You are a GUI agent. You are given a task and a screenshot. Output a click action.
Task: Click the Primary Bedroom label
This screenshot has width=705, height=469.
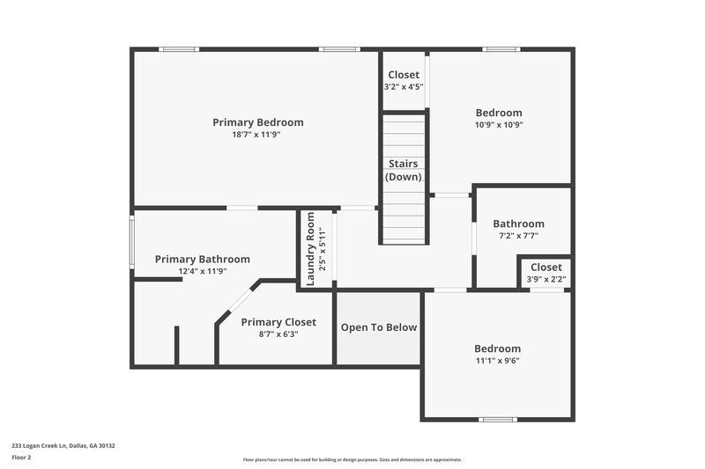tap(257, 122)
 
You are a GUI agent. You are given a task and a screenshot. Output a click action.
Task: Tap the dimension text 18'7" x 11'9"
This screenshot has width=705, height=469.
tap(257, 135)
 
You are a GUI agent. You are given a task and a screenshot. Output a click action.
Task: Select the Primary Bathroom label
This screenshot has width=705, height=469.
tap(202, 260)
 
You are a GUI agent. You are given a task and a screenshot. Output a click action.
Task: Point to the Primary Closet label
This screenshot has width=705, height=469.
tap(278, 322)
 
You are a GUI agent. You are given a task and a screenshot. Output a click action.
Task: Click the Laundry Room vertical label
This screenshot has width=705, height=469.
tap(310, 250)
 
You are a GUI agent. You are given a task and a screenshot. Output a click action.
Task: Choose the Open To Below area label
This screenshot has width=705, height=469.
tap(378, 327)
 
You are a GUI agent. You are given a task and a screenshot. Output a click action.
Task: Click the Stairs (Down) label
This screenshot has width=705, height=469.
tap(404, 170)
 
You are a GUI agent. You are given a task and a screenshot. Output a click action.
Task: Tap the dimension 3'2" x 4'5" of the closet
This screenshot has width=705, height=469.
tap(404, 87)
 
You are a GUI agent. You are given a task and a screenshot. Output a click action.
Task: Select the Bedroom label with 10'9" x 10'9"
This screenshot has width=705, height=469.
tap(499, 113)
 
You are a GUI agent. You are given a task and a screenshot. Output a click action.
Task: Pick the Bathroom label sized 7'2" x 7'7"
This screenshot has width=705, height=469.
tap(518, 224)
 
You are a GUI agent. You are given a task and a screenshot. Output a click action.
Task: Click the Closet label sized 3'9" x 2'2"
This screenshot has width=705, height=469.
tap(545, 267)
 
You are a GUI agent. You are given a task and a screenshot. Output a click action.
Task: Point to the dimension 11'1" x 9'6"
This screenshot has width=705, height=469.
tap(498, 361)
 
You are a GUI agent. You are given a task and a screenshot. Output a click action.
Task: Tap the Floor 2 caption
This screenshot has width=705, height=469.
tap(21, 458)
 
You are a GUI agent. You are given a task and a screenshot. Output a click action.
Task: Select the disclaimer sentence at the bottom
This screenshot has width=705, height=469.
tap(352, 459)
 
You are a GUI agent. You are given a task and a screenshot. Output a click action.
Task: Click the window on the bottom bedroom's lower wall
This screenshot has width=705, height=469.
tap(497, 419)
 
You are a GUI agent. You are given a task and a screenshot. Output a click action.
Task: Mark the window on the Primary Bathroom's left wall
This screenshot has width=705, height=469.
tap(132, 242)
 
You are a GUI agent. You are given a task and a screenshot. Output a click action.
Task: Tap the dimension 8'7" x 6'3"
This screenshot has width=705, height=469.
tap(278, 334)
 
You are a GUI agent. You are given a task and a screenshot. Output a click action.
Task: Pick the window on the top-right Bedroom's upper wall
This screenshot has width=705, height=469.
tap(501, 49)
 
